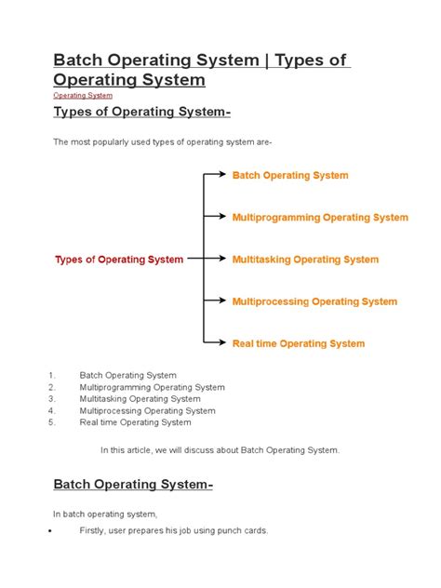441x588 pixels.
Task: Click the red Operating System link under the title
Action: coord(83,95)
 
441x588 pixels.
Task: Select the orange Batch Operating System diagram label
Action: coord(290,175)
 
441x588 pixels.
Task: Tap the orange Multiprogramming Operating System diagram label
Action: coord(320,217)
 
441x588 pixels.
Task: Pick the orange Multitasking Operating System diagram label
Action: coord(305,260)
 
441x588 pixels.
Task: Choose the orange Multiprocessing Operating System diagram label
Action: coord(314,301)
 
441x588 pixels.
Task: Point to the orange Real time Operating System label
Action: coord(298,343)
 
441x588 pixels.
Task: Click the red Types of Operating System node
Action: coord(119,260)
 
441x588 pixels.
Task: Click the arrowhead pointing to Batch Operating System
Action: coord(221,174)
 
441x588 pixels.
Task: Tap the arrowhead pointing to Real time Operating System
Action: coord(221,342)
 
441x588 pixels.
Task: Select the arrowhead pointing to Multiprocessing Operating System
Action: coord(221,301)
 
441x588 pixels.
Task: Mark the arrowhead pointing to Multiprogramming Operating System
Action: coord(221,216)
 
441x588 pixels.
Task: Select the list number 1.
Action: coord(52,375)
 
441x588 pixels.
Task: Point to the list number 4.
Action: coord(52,410)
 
